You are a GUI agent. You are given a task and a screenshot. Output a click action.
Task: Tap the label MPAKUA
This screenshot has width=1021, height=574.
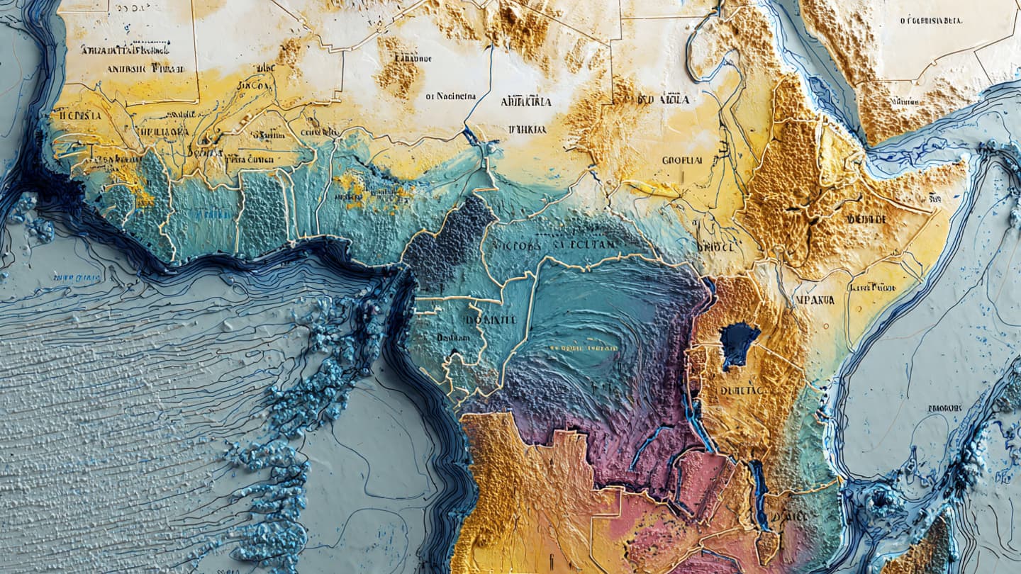click(815, 300)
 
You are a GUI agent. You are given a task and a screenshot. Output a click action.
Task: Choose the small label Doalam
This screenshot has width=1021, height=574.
click(452, 338)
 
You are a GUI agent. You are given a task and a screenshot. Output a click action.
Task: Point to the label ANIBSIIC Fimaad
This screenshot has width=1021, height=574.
click(145, 69)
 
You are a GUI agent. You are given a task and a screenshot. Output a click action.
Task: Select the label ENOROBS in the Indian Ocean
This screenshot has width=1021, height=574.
click(944, 408)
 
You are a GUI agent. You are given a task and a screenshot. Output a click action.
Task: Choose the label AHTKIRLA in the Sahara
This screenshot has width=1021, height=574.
click(525, 101)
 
